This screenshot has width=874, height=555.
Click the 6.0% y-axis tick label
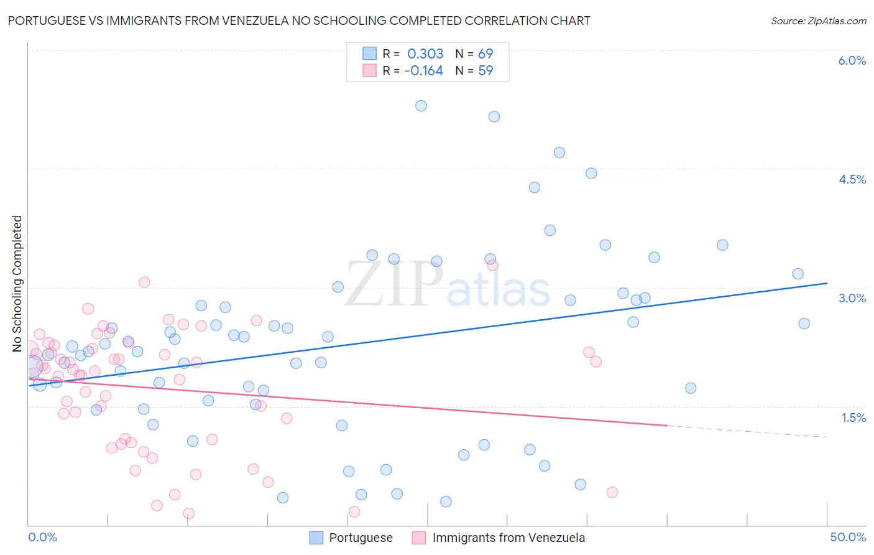coord(852,60)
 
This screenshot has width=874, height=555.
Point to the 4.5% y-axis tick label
coord(852,179)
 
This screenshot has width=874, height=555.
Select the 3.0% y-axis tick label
coord(852,298)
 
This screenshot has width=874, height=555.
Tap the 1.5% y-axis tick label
coord(853,417)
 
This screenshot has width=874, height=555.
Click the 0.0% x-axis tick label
coord(42,537)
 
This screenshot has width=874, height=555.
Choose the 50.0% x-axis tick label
coord(848,537)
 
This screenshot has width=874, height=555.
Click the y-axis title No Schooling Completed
coord(17,284)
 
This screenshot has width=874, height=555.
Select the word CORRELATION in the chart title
coord(504,21)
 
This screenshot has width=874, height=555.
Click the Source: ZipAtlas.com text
coord(818,21)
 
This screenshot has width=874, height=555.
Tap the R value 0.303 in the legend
coord(425,54)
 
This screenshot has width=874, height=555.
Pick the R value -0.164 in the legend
coord(423,70)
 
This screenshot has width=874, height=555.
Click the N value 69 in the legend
coord(485,54)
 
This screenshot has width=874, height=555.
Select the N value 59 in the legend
coord(485,70)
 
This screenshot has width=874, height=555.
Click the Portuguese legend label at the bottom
coord(361,538)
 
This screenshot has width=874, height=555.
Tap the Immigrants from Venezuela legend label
coord(508,538)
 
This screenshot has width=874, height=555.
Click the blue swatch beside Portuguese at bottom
coord(316,538)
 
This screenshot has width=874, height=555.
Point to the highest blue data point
coord(421,106)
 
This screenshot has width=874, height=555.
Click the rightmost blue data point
coord(804,324)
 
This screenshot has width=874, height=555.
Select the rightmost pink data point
coord(612,492)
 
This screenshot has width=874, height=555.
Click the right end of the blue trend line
coord(827,283)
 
